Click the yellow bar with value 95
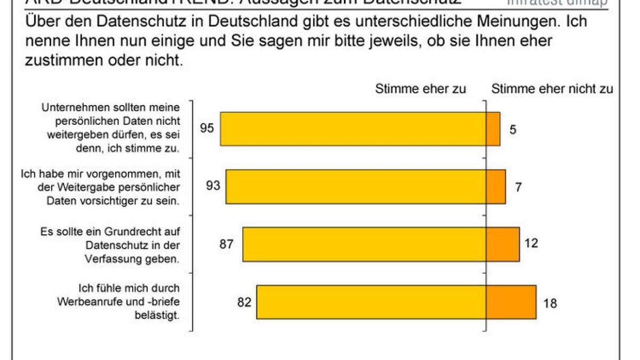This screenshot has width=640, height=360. tap(353, 129)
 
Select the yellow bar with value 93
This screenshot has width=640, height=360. tap(356, 187)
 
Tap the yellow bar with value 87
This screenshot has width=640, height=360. tap(364, 244)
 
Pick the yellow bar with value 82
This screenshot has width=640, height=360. tap(371, 302)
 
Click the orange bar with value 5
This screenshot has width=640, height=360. tap(493, 129)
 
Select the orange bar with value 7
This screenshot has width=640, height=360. tap(496, 187)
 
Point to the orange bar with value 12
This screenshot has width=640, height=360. tap(503, 244)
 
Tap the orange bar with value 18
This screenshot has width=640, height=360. tap(511, 302)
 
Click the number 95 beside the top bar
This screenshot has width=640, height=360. tap(207, 128)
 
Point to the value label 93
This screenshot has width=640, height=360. tap(213, 186)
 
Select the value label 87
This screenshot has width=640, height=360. tap(227, 244)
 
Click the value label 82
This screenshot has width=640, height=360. tap(244, 302)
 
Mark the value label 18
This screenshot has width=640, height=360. tap(550, 303)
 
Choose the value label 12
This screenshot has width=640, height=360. tap(531, 243)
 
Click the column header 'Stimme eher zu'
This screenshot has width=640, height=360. tap(420, 89)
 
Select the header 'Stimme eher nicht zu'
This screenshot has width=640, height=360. tap(552, 89)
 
